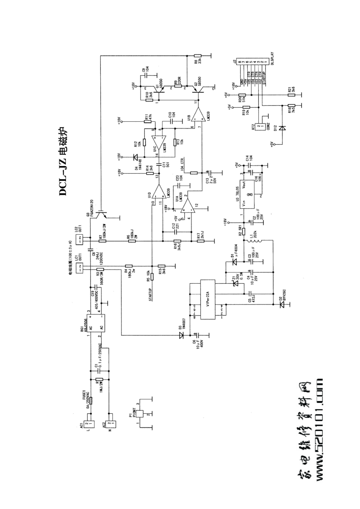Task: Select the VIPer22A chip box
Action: pos(208,299)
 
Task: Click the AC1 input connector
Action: pos(89,424)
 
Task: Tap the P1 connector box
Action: pos(141,414)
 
